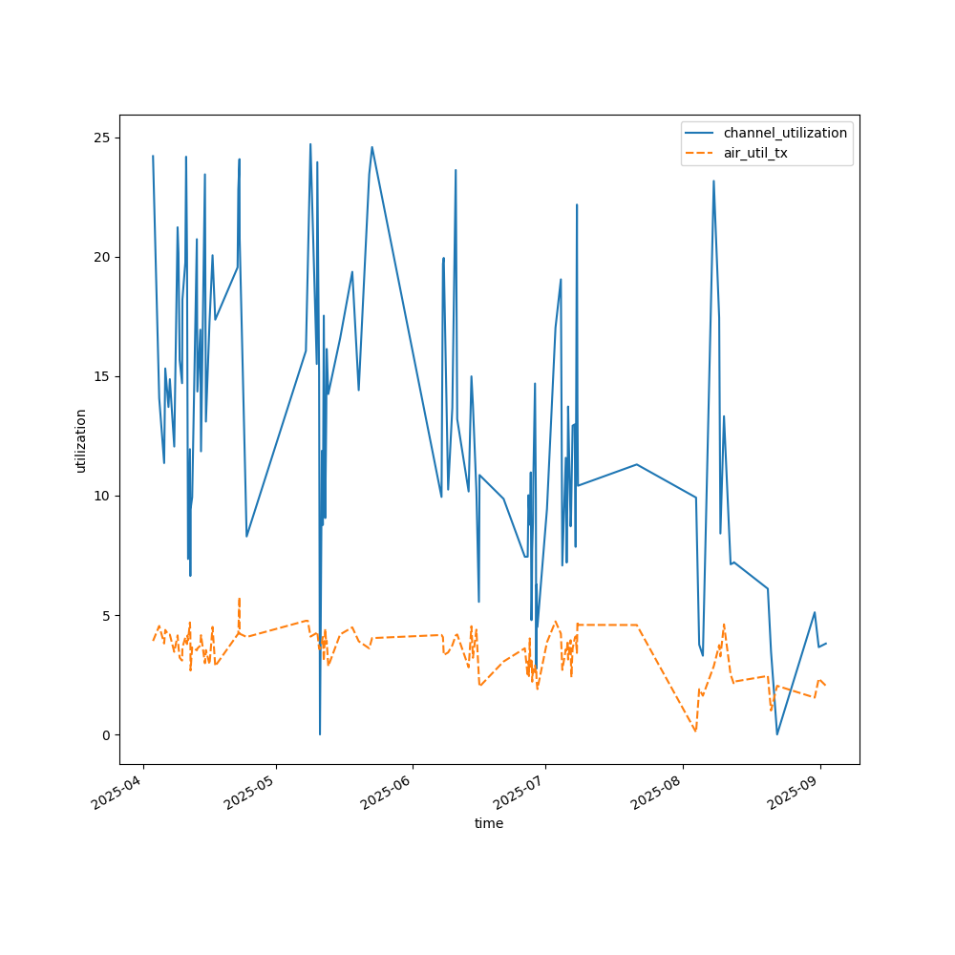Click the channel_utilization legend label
785,133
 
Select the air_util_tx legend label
755,153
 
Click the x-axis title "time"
489,823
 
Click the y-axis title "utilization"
81,440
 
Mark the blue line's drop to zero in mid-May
320,733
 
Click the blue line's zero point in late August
777,733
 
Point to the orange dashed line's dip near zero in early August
695,732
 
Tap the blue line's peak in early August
713,181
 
